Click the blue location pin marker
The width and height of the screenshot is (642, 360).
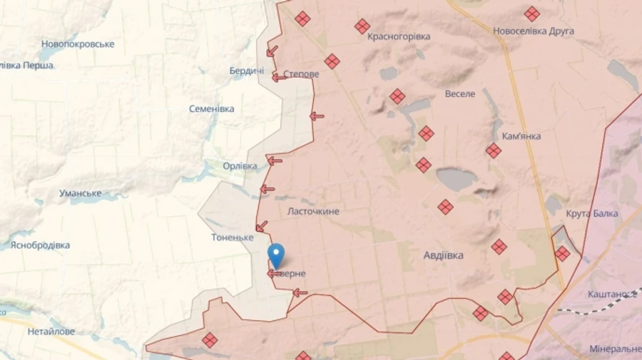(x=275, y=254)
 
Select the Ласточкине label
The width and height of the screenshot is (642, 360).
(x=312, y=212)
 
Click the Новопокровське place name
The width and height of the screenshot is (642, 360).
(x=78, y=44)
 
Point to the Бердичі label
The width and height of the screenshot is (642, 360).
(x=247, y=71)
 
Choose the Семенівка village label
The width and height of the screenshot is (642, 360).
(x=212, y=109)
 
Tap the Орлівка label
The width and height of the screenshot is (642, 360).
(x=240, y=166)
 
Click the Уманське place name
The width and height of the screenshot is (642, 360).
(x=80, y=193)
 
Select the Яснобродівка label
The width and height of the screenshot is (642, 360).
(x=40, y=245)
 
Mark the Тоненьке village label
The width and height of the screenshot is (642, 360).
(x=233, y=237)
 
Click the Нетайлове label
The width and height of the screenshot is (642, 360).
(x=51, y=331)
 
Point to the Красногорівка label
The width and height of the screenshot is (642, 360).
(x=399, y=36)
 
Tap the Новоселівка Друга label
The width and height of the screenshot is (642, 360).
(x=534, y=31)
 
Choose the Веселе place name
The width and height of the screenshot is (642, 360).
(x=460, y=93)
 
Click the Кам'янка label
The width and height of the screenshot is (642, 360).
(x=521, y=136)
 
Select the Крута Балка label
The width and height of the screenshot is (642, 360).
(x=591, y=214)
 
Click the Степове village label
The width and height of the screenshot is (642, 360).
(x=301, y=74)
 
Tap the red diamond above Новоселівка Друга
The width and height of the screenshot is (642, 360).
(x=531, y=14)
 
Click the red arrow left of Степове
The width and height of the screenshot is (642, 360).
(x=279, y=76)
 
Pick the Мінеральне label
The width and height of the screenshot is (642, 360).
(x=615, y=349)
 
